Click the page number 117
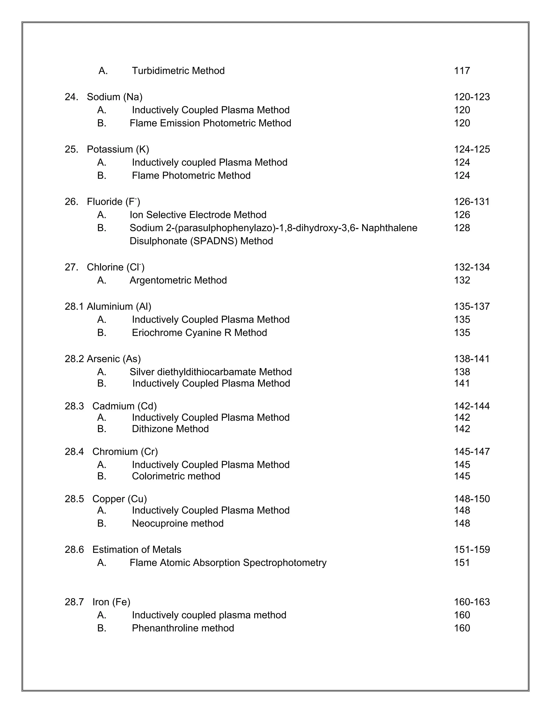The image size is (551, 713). click(462, 71)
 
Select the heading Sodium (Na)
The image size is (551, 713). click(114, 97)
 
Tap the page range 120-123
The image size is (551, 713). click(472, 97)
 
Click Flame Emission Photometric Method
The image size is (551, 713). click(210, 123)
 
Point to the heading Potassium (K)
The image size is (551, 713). click(118, 149)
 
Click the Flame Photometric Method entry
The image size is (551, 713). click(191, 175)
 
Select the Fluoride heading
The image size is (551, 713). click(113, 202)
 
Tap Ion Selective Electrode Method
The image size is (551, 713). click(198, 215)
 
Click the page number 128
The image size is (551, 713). click(462, 228)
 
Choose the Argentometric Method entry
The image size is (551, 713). click(178, 280)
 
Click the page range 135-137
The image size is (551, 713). click(472, 306)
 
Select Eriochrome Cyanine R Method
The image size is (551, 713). click(199, 333)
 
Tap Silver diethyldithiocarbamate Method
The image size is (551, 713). click(211, 372)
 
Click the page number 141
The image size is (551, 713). click(462, 383)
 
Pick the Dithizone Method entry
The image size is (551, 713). click(170, 429)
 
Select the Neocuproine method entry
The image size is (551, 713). click(178, 523)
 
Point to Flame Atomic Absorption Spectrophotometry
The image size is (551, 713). click(228, 563)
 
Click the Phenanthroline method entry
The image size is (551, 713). click(183, 628)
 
